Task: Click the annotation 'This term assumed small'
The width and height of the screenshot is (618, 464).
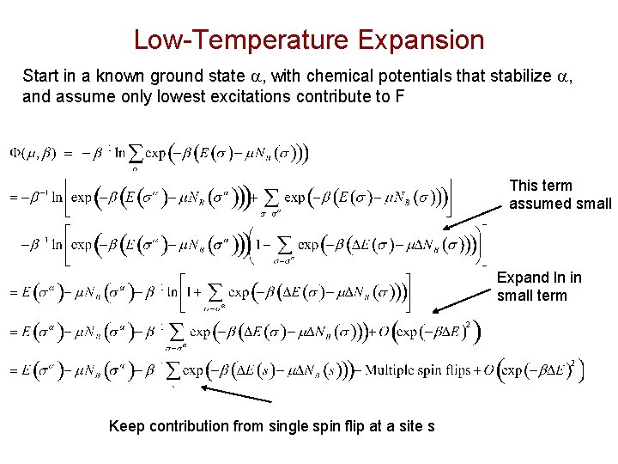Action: pos(560,194)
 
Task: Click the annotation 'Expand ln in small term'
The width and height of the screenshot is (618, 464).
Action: pos(539,286)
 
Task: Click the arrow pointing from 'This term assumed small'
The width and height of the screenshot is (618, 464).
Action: pos(476,217)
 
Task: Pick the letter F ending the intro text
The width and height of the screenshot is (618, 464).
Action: pos(399,96)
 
